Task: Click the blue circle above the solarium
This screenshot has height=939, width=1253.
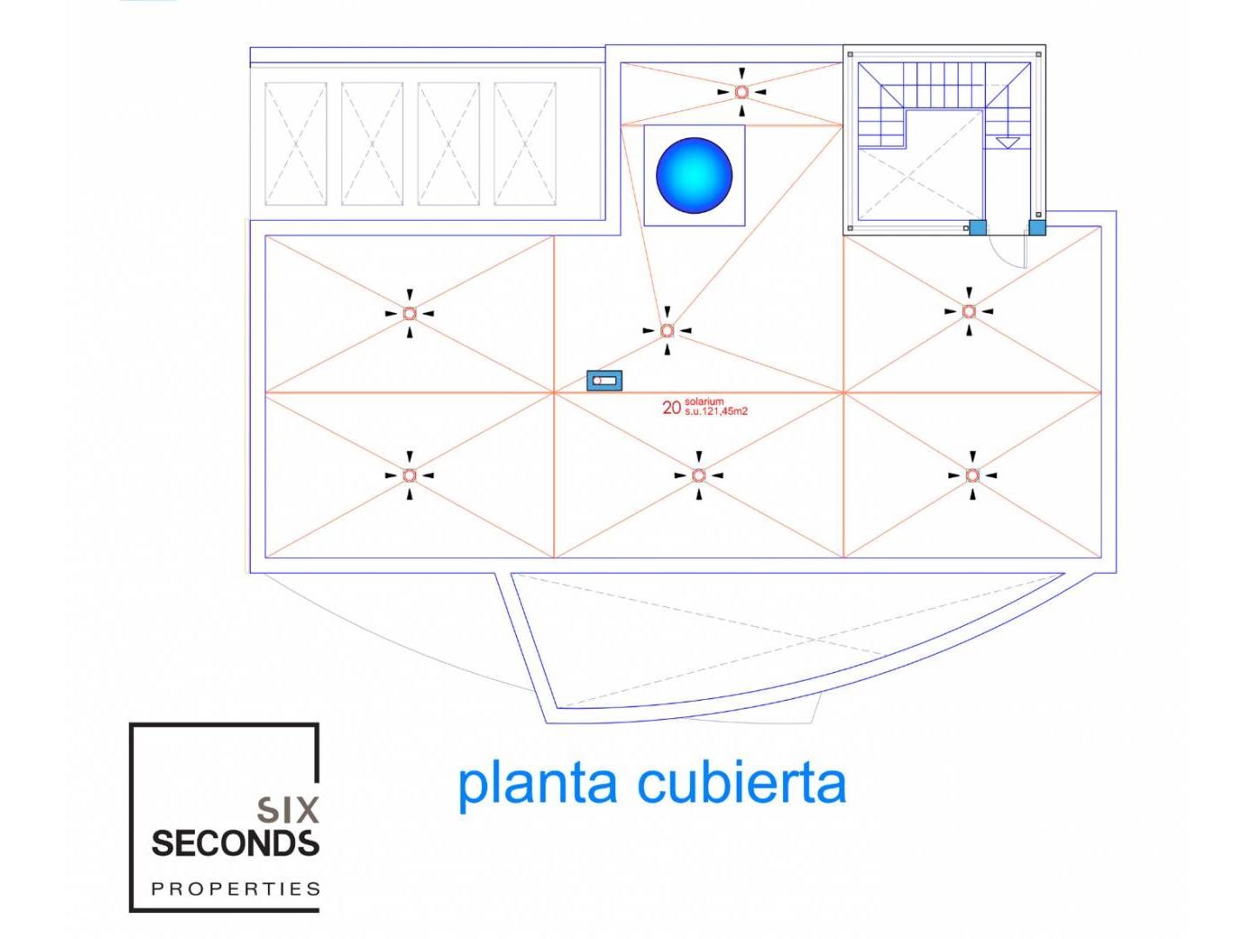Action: click(694, 175)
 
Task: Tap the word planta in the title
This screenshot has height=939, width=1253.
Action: click(538, 784)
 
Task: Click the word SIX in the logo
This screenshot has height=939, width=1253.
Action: click(288, 810)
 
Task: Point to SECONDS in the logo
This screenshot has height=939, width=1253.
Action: click(235, 843)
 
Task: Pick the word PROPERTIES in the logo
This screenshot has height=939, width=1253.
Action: click(236, 889)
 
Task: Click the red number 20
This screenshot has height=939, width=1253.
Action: click(671, 408)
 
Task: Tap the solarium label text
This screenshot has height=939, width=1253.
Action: click(704, 402)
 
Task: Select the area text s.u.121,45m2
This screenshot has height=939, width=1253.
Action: click(716, 411)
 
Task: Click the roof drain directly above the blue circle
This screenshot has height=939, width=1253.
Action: click(741, 91)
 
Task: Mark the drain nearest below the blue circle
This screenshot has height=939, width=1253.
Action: click(667, 330)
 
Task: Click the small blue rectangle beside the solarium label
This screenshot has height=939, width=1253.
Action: click(604, 381)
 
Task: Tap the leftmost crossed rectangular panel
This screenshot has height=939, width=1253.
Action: click(296, 143)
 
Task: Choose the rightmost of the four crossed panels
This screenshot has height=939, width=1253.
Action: click(525, 143)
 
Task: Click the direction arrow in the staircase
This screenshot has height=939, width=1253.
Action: click(1007, 143)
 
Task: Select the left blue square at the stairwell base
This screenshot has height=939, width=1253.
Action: click(977, 228)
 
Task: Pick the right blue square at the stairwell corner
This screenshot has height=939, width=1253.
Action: click(1036, 228)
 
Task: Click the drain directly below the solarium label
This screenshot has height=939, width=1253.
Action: click(699, 476)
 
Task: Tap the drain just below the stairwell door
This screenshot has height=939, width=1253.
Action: click(969, 311)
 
